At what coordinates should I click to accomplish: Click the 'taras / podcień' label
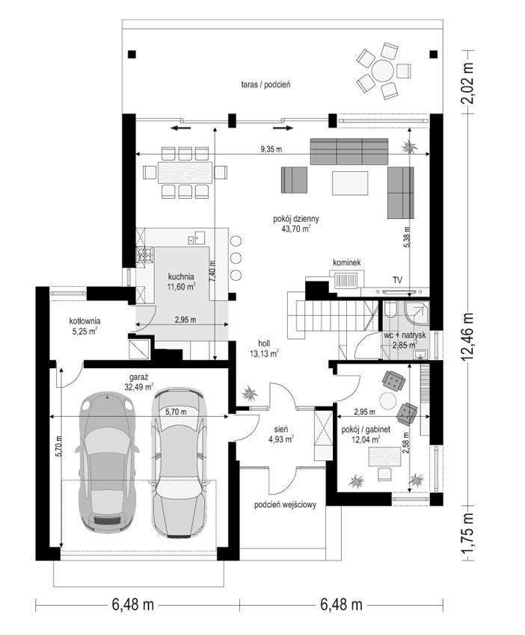[265, 84]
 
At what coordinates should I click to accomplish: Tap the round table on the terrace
[383, 71]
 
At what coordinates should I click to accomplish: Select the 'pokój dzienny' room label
[296, 219]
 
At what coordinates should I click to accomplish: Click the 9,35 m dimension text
[271, 149]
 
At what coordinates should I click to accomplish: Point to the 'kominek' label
[346, 263]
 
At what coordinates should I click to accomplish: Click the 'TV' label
[397, 280]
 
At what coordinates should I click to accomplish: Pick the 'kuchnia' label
[181, 277]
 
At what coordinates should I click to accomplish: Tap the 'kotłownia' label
[85, 321]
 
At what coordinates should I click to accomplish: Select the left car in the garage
[107, 461]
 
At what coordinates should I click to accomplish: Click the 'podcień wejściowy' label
[285, 504]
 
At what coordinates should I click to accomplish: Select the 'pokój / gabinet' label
[366, 430]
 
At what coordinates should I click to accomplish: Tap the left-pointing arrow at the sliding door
[181, 128]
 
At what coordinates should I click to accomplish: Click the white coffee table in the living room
[350, 183]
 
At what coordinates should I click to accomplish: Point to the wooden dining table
[185, 173]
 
